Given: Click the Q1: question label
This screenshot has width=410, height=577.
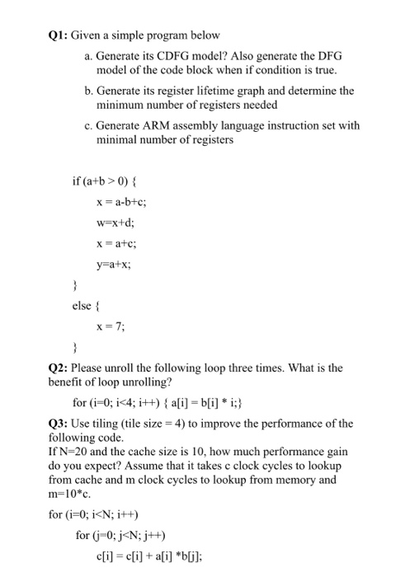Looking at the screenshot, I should point(59,35).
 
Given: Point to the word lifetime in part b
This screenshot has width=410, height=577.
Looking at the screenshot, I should point(217,91).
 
